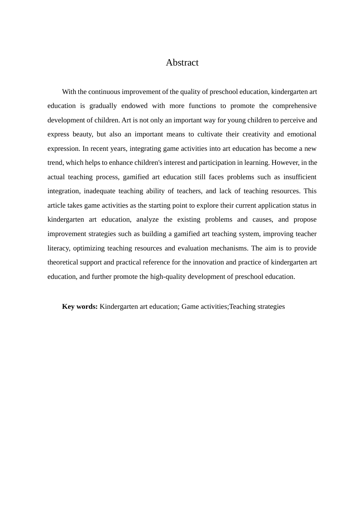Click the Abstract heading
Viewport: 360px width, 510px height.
(182, 63)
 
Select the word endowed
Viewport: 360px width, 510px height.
(134, 106)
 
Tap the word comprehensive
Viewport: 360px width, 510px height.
(294, 106)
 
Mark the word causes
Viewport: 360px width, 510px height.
(263, 219)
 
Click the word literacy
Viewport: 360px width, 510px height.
(59, 248)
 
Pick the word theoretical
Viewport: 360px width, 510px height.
(63, 262)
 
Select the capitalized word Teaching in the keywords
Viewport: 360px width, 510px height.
(242, 307)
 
